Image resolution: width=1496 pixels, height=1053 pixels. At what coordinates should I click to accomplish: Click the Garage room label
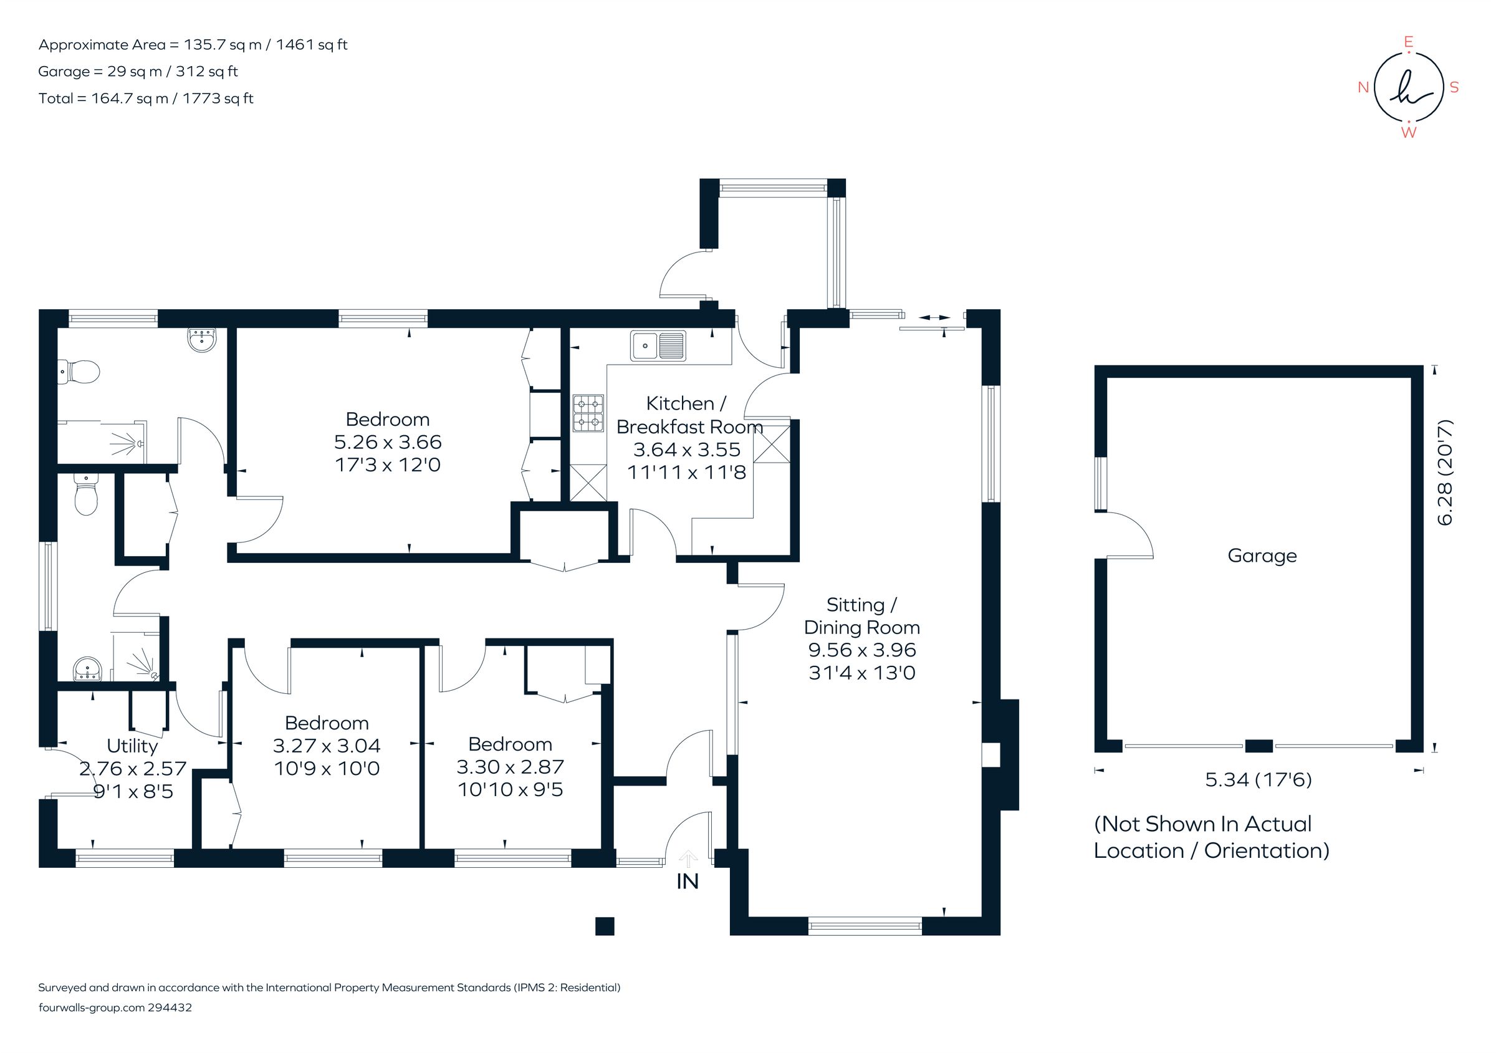[1262, 556]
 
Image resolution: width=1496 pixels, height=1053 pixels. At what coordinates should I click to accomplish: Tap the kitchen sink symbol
[658, 345]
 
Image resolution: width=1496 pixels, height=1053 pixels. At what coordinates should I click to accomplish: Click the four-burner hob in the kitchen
[588, 413]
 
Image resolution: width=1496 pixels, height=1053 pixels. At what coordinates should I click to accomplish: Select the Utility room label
[132, 746]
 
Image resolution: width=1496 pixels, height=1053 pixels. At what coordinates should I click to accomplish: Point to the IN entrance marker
[688, 881]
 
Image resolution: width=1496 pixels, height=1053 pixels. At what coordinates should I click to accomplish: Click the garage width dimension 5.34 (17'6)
[1257, 779]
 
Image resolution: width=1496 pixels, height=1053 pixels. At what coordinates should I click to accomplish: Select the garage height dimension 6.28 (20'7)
[1444, 472]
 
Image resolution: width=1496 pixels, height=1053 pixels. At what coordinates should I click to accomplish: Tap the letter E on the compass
[1408, 42]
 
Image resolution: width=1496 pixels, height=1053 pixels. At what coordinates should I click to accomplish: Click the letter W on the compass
[1408, 132]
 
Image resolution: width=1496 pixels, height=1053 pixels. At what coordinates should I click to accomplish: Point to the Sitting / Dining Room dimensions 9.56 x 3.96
[862, 650]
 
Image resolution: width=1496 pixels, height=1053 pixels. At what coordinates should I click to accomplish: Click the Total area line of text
[146, 99]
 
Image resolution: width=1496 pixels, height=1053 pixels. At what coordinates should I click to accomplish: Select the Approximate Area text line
[193, 45]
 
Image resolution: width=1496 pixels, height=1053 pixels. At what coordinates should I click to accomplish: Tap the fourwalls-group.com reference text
[115, 1007]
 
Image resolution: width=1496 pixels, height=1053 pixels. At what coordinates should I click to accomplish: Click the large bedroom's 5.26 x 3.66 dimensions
[388, 442]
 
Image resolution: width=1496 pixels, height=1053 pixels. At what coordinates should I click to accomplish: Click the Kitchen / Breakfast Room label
[688, 415]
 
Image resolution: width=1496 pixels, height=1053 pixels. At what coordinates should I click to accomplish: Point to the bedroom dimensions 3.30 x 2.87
[510, 766]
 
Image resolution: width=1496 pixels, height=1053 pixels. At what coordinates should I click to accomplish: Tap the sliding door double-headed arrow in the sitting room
[934, 317]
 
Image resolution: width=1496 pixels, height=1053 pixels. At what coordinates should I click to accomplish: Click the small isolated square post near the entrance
[605, 926]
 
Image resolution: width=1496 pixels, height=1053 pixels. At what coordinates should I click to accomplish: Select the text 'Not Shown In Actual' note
[1203, 824]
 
